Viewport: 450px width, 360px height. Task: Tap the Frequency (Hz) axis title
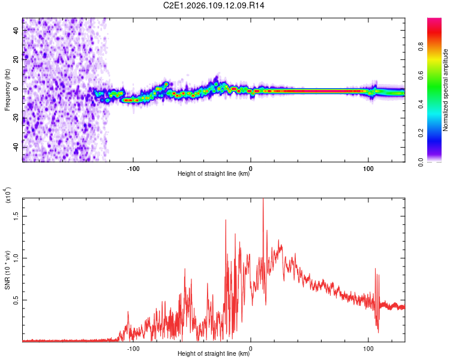7,90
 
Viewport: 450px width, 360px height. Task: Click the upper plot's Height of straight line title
214,174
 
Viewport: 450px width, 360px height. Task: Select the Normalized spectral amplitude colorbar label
446,90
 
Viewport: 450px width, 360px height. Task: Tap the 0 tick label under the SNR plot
251,347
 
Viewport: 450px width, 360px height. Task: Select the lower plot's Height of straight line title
214,354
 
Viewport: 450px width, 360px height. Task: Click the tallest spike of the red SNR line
263,200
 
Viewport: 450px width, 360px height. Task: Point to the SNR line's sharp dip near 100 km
378,331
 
